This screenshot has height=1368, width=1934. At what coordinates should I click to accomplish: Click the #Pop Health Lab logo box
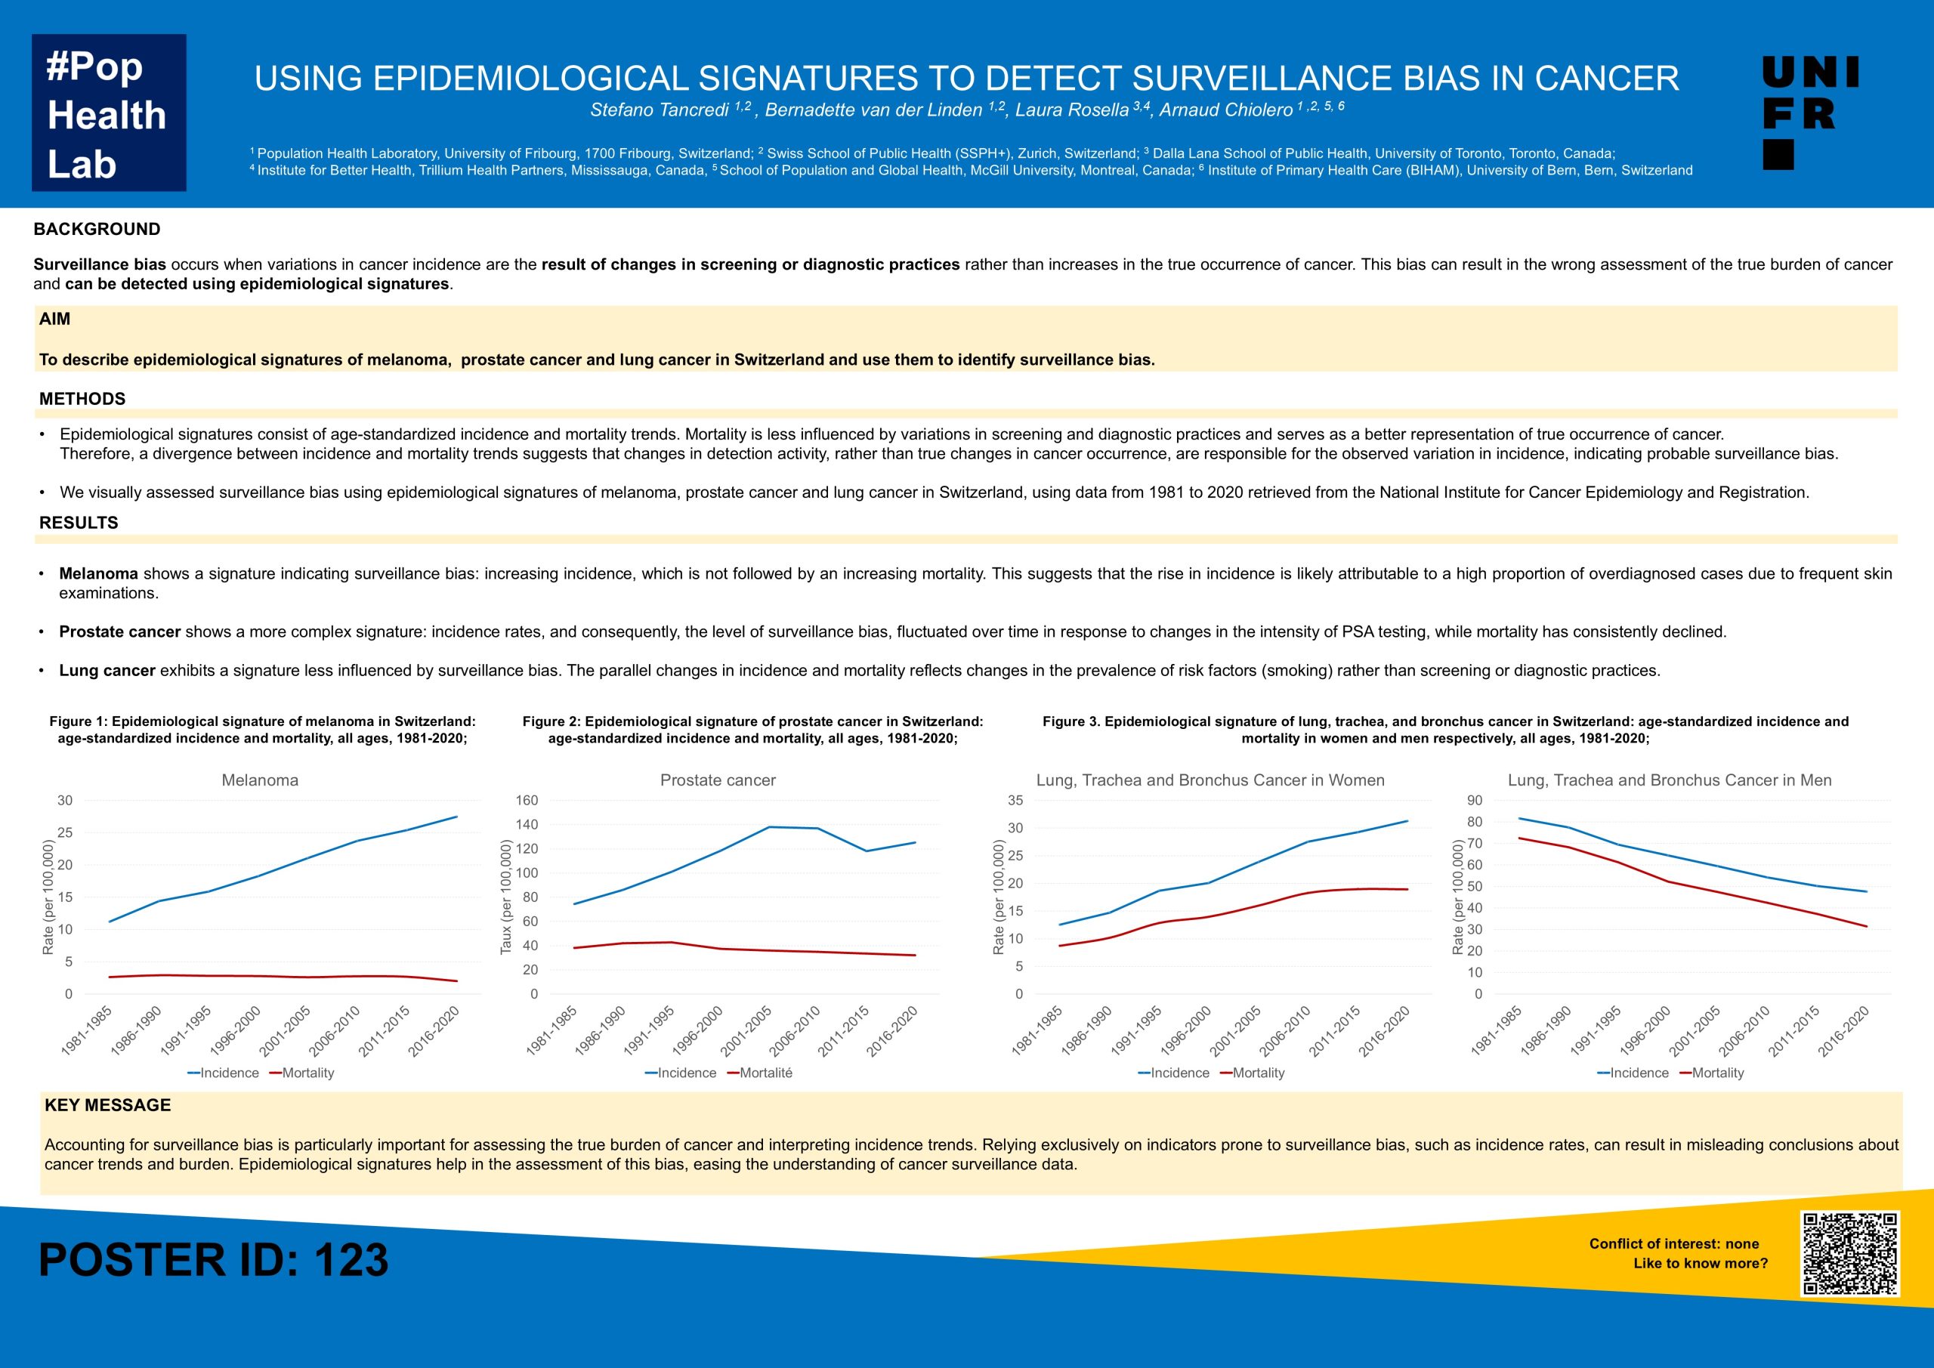coord(109,113)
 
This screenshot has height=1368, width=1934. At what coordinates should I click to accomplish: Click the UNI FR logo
coord(1810,113)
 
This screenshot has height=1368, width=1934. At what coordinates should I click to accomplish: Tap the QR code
coord(1850,1253)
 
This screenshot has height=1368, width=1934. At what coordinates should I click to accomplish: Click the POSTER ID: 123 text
coord(213,1260)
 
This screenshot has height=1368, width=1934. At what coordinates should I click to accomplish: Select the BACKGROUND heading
coord(97,229)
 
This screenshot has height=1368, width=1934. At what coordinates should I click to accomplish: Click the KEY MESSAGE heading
coord(108,1105)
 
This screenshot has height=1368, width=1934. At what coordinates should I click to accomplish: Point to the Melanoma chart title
coord(259,780)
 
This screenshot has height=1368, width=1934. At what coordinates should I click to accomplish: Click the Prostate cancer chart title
coord(718,780)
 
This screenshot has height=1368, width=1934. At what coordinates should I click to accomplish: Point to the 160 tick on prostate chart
coord(527,800)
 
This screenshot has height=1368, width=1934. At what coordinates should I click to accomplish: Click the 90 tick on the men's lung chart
coord(1474,800)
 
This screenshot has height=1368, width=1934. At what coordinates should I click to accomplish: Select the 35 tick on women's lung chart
coord(1015,800)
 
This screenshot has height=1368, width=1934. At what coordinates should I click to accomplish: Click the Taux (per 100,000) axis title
coord(506,897)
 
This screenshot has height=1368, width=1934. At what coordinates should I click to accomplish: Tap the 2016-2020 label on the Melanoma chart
coord(434,1031)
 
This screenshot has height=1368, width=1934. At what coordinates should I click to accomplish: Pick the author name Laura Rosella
coord(1071,110)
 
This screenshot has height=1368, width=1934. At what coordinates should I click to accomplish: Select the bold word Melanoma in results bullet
coord(98,573)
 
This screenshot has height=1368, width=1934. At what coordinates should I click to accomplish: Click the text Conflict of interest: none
coord(1673,1244)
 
